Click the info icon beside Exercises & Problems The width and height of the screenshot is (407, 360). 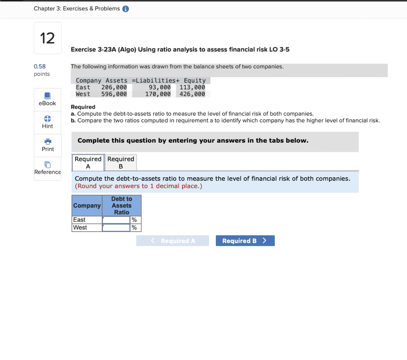pyautogui.click(x=126, y=9)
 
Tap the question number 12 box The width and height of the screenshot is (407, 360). pyautogui.click(x=48, y=38)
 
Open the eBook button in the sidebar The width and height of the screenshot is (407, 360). pyautogui.click(x=47, y=99)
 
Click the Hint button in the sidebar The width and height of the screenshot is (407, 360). pyautogui.click(x=47, y=122)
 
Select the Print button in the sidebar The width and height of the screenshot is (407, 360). pyautogui.click(x=48, y=145)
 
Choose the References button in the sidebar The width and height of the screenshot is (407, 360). pyautogui.click(x=47, y=168)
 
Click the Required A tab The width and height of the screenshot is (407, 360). pyautogui.click(x=88, y=163)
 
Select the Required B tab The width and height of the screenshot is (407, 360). pyautogui.click(x=121, y=163)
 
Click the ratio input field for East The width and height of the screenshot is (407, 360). pyautogui.click(x=116, y=220)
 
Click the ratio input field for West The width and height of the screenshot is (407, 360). pyautogui.click(x=116, y=228)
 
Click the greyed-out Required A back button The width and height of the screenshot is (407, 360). pyautogui.click(x=172, y=241)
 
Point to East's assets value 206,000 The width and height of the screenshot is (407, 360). pyautogui.click(x=114, y=87)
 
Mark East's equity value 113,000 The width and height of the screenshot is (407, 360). pyautogui.click(x=192, y=87)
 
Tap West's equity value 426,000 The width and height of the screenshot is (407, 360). pyautogui.click(x=192, y=94)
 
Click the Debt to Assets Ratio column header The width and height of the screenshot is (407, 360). pyautogui.click(x=121, y=205)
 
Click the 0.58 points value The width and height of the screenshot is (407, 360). pyautogui.click(x=40, y=67)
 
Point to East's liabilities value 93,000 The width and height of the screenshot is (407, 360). pyautogui.click(x=160, y=87)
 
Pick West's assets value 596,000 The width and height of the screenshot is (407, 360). pyautogui.click(x=114, y=94)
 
